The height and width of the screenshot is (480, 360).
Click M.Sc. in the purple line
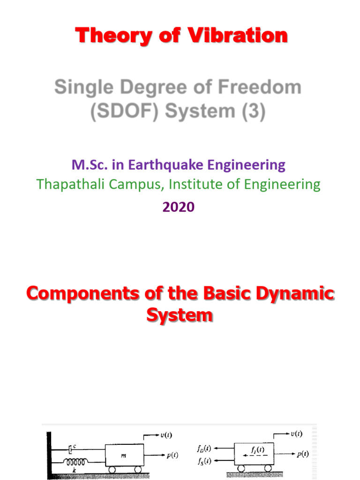click(x=88, y=165)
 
